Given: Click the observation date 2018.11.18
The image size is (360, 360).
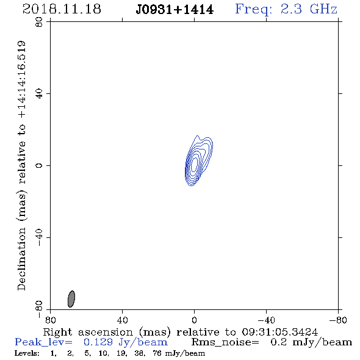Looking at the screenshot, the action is [x=62, y=9].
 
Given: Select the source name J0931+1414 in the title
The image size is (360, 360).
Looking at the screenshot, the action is [x=175, y=10].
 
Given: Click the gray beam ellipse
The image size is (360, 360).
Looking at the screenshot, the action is [x=71, y=299].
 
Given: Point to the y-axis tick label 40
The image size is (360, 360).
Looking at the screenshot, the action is [x=39, y=94].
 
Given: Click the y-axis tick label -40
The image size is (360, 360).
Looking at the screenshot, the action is [x=39, y=237].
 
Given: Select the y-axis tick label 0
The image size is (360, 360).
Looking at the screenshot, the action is [x=39, y=165].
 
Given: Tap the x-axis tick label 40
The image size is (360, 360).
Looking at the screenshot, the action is [x=122, y=320].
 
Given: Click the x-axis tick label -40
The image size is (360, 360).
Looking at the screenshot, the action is [x=266, y=320].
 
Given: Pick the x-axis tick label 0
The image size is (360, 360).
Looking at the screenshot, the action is [x=194, y=320].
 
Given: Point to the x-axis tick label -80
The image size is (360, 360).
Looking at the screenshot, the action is [x=338, y=320].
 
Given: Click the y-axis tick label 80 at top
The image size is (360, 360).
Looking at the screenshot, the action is [x=39, y=22].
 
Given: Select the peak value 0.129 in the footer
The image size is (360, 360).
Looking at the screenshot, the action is [x=98, y=342].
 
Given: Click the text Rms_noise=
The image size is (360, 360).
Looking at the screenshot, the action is [x=225, y=342].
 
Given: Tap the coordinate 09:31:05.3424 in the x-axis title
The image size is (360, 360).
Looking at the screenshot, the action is [x=280, y=332].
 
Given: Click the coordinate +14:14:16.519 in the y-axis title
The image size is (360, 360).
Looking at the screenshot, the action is [x=22, y=79].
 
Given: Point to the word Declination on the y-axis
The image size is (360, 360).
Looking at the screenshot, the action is [x=22, y=259].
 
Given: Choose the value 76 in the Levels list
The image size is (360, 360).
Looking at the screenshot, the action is [x=157, y=353].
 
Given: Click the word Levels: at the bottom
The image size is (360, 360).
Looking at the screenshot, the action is [x=27, y=353].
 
